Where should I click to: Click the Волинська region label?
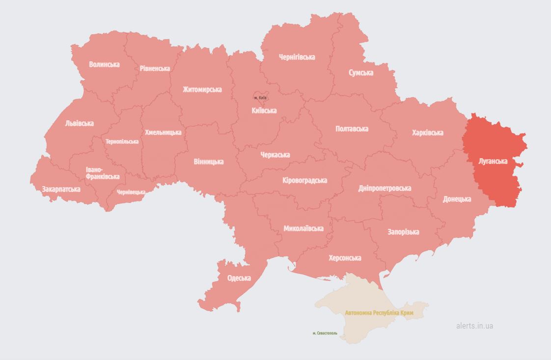click(x=104, y=64)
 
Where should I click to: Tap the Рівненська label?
click(x=155, y=68)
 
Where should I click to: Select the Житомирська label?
click(x=202, y=89)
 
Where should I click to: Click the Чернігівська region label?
click(x=297, y=57)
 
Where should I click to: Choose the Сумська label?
click(x=361, y=73)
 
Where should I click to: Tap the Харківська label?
click(x=427, y=133)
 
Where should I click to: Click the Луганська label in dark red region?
click(x=493, y=161)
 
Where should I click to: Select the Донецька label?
click(x=457, y=199)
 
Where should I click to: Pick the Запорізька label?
click(x=403, y=232)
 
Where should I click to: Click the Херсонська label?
click(x=345, y=258)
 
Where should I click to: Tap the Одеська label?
click(x=239, y=278)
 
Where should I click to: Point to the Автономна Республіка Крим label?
click(x=379, y=313)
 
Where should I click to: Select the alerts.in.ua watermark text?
click(x=474, y=326)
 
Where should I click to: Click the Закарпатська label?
click(x=61, y=189)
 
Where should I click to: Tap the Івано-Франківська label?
click(x=102, y=173)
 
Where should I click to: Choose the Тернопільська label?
click(x=122, y=141)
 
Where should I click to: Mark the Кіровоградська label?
click(x=304, y=180)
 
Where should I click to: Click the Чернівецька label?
click(x=131, y=192)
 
